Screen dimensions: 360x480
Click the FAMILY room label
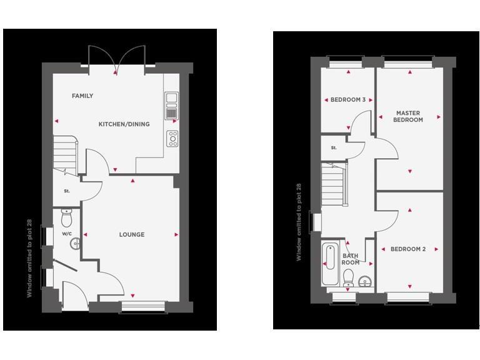pyautogui.click(x=82, y=96)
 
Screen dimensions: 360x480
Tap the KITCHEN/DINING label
pyautogui.click(x=124, y=124)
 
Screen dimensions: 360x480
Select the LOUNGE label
pyautogui.click(x=132, y=235)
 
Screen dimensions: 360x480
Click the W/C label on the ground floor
pyautogui.click(x=67, y=234)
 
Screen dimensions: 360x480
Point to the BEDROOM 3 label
pyautogui.click(x=348, y=100)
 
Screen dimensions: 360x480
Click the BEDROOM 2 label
pyautogui.click(x=408, y=249)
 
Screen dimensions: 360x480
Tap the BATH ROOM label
pyautogui.click(x=351, y=259)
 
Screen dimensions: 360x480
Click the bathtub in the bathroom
pyautogui.click(x=329, y=263)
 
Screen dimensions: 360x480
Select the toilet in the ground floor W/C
pyautogui.click(x=67, y=217)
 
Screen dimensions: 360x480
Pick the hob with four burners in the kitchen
pyautogui.click(x=172, y=139)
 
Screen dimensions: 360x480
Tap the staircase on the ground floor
pyautogui.click(x=64, y=154)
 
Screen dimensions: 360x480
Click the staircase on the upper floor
pyautogui.click(x=333, y=184)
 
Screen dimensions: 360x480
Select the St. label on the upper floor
pyautogui.click(x=334, y=148)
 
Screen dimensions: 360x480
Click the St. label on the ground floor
pyautogui.click(x=66, y=191)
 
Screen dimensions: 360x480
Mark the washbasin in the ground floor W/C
pyautogui.click(x=75, y=243)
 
